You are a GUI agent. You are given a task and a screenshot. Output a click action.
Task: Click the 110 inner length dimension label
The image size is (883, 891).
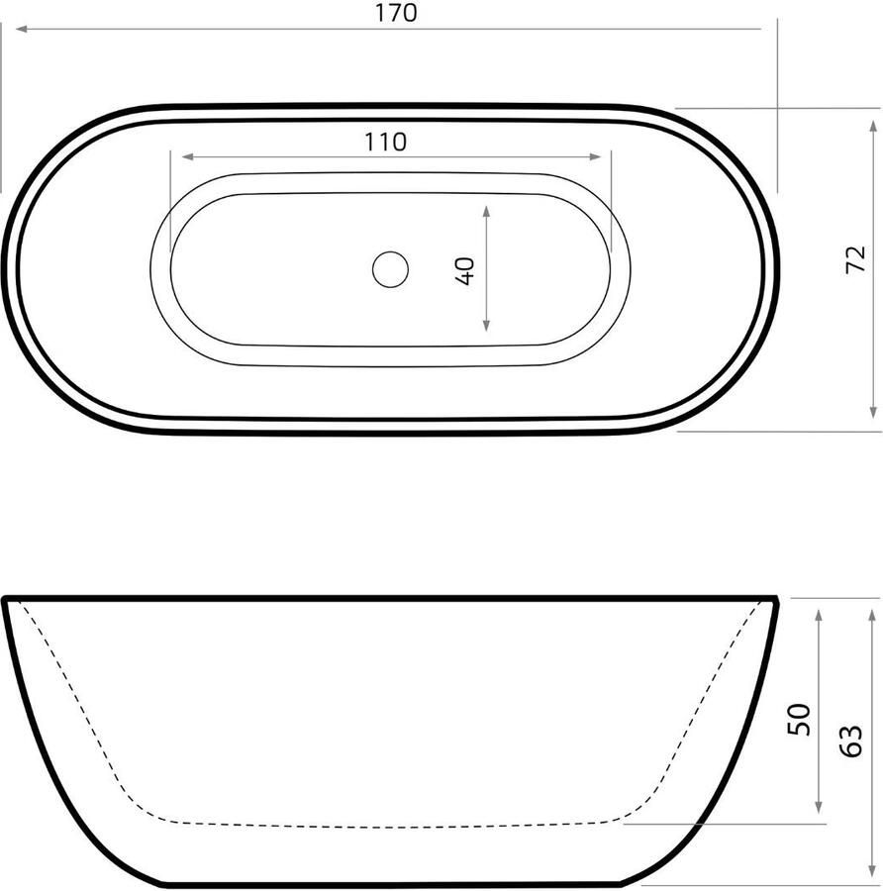[x=385, y=142]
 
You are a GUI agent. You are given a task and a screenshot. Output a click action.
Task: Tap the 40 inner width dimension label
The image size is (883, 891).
[x=465, y=270]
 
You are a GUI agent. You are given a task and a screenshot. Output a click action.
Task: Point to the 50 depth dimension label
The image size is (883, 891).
[x=799, y=718]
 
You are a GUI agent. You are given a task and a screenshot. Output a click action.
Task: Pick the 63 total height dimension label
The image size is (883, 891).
[x=852, y=741]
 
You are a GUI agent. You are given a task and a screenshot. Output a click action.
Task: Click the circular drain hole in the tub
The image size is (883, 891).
[x=390, y=268]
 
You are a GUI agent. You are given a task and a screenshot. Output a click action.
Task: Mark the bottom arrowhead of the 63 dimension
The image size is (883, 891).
[x=872, y=870]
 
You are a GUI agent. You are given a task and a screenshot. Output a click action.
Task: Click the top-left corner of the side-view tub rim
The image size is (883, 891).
[x=6, y=599]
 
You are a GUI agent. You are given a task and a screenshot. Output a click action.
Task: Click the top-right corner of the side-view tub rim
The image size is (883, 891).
[x=775, y=599]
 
